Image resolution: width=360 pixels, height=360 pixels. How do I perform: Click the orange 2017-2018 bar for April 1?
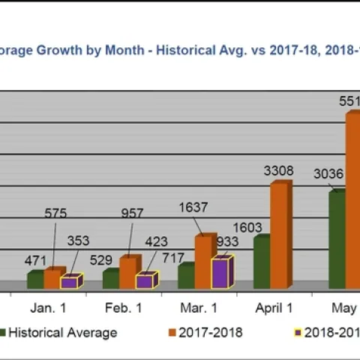point(279,235)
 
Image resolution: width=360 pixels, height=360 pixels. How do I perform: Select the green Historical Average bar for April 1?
point(261,262)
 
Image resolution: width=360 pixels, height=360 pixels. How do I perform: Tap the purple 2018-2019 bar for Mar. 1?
point(220,273)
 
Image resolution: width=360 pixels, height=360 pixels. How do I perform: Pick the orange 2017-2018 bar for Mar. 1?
point(204,262)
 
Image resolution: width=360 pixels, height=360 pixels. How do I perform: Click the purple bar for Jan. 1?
point(70,282)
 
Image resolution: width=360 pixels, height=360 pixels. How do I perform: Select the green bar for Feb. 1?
point(111,279)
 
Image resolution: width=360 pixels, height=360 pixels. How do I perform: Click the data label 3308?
point(278,170)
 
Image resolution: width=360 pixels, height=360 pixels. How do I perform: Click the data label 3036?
point(328,174)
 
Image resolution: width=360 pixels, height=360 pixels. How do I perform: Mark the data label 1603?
point(247,226)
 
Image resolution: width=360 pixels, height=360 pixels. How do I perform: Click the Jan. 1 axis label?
point(48,308)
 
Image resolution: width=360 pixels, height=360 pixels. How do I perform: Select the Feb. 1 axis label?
point(123,308)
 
